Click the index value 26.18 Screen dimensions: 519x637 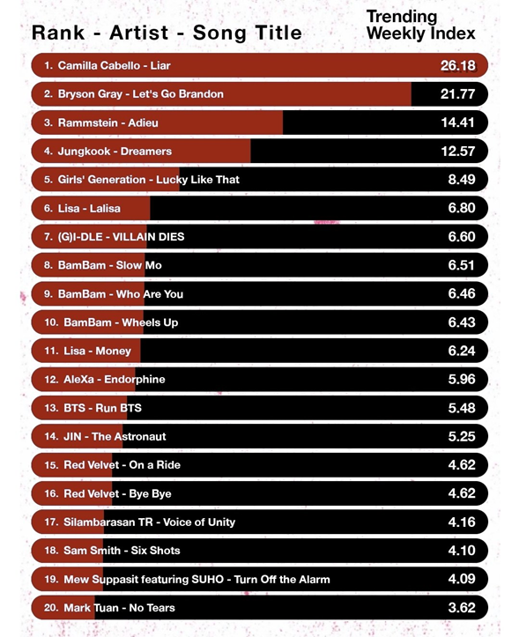[457, 65]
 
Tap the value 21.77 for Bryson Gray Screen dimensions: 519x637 [457, 94]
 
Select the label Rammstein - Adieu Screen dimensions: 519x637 [108, 122]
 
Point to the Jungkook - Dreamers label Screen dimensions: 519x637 [115, 152]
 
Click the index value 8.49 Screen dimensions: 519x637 [462, 180]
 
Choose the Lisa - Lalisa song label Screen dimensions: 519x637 [89, 209]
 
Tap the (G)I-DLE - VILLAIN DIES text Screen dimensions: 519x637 [121, 237]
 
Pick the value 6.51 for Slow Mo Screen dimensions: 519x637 [462, 265]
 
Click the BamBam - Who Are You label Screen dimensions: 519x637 [121, 293]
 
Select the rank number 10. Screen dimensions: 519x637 [52, 322]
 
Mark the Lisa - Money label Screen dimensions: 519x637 [98, 351]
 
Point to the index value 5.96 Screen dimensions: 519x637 [462, 380]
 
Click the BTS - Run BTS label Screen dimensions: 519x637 [102, 408]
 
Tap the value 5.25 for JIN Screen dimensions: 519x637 [462, 436]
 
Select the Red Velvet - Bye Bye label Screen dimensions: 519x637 [117, 493]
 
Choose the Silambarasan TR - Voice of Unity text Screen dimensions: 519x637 [149, 522]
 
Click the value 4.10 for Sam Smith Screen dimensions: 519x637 [462, 551]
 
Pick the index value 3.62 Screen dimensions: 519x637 [462, 608]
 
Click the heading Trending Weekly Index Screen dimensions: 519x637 [420, 26]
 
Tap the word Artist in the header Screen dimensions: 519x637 [138, 33]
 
